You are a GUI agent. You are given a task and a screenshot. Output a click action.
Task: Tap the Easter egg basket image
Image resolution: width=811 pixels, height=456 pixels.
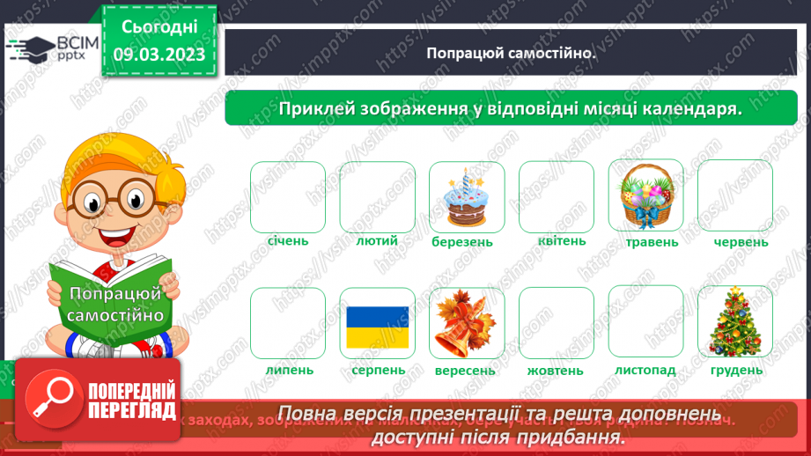pyautogui.click(x=645, y=195)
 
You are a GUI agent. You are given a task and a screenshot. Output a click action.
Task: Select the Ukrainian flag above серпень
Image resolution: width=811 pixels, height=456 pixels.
pyautogui.click(x=377, y=325)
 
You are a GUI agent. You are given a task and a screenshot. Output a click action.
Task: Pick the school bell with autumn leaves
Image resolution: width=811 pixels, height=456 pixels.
pyautogui.click(x=467, y=323)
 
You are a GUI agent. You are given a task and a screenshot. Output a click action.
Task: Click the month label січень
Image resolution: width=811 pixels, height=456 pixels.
pyautogui.click(x=288, y=239)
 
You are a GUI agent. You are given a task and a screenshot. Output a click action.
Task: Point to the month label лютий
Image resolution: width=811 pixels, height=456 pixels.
pyautogui.click(x=377, y=239)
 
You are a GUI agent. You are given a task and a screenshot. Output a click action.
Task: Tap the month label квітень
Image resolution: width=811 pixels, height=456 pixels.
pyautogui.click(x=556, y=239)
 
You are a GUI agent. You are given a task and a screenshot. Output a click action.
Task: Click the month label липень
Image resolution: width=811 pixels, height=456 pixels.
pyautogui.click(x=288, y=370)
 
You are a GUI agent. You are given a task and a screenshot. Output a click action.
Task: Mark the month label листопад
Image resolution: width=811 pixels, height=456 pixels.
pyautogui.click(x=645, y=370)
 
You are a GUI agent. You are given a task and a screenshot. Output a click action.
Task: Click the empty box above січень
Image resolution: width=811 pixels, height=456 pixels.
pyautogui.click(x=288, y=195)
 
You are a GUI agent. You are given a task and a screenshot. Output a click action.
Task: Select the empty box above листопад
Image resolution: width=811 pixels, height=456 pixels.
pyautogui.click(x=645, y=323)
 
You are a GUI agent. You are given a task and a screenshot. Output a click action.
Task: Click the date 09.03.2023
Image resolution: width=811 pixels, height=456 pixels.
pyautogui.click(x=159, y=55)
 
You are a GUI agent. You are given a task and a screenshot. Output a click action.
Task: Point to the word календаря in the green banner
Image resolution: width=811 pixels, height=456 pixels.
pyautogui.click(x=692, y=108)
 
